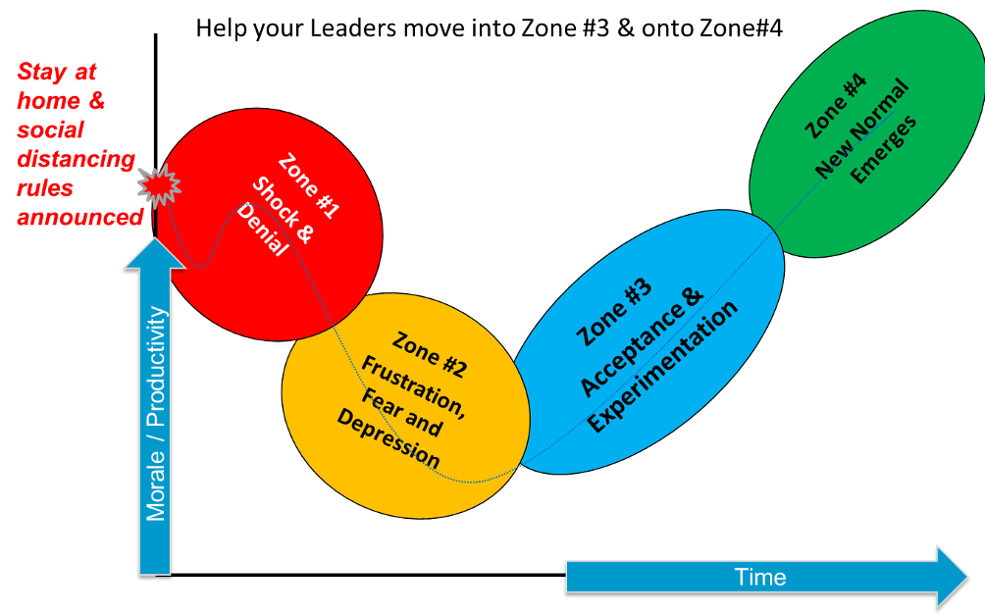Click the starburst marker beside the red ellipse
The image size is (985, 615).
pyautogui.click(x=159, y=184)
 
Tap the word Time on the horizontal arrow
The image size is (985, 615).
pyautogui.click(x=760, y=577)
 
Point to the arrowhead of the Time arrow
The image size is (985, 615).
pyautogui.click(x=952, y=576)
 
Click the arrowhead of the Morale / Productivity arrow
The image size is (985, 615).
pyautogui.click(x=155, y=253)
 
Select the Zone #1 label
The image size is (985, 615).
pyautogui.click(x=309, y=184)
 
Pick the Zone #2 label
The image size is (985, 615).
pyautogui.click(x=430, y=355)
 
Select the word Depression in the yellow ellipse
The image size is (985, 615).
pyautogui.click(x=389, y=438)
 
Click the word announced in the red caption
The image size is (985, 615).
pyautogui.click(x=80, y=217)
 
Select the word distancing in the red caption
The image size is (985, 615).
pyautogui.click(x=77, y=159)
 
